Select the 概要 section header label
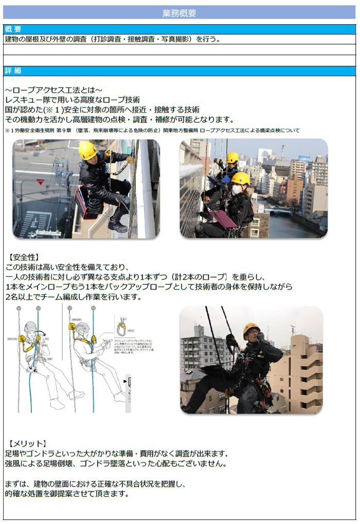(13, 29)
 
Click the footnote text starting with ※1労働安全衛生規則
(152, 131)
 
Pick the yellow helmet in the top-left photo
(88, 150)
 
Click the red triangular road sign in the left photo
(40, 182)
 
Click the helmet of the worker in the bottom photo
(251, 329)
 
